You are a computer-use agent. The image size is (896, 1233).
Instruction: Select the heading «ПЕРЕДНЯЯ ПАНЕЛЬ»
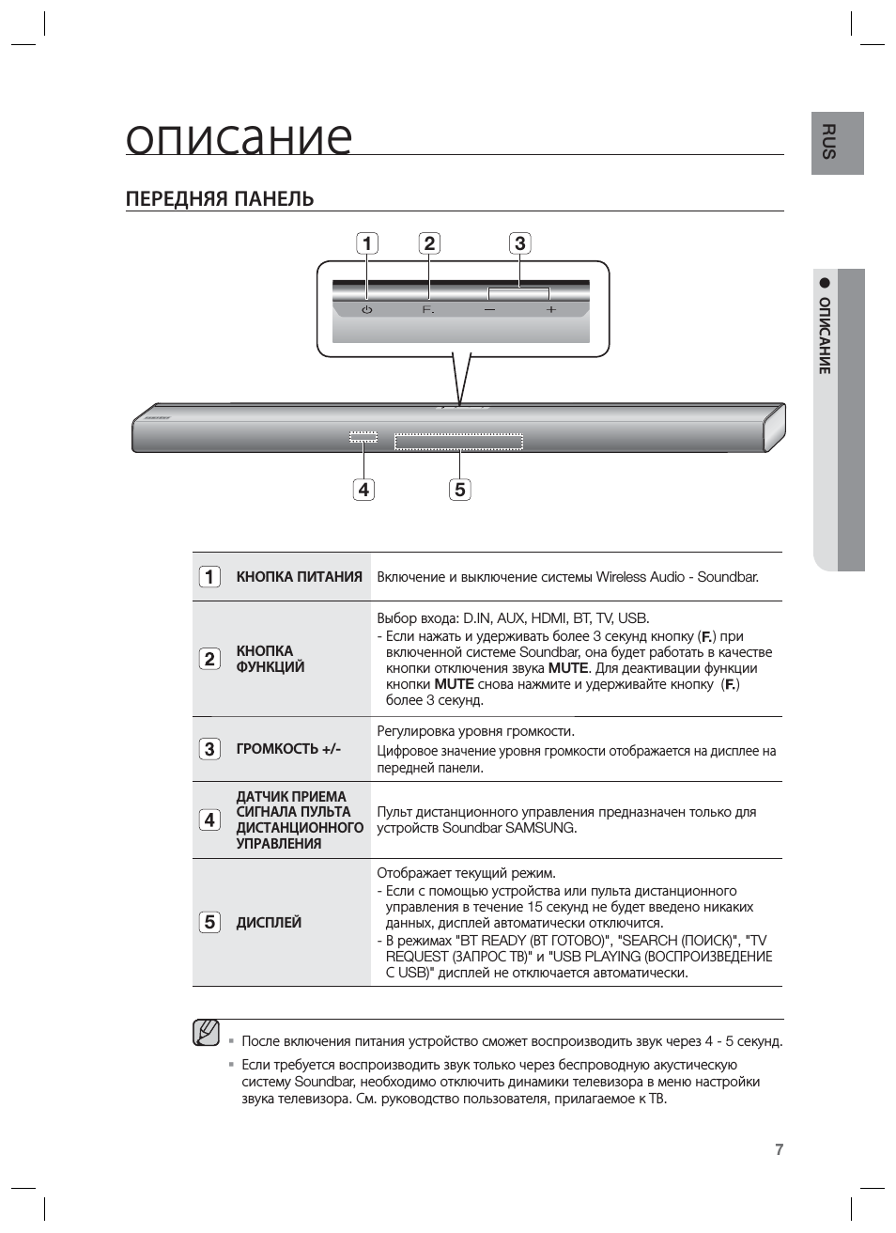pos(220,199)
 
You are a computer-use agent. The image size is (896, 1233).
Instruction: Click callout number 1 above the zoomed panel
pos(366,243)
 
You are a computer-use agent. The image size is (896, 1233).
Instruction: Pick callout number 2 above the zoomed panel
pos(429,243)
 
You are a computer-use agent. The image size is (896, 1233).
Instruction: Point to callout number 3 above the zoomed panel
pos(519,243)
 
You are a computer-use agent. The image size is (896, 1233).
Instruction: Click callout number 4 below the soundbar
pos(363,490)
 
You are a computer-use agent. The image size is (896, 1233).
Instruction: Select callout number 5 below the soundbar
pos(459,490)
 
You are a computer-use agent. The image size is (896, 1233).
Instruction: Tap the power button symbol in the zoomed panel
pos(367,309)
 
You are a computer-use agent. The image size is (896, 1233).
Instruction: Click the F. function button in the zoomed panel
pos(428,309)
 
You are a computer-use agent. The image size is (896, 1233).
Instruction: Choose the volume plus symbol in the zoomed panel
pos(550,309)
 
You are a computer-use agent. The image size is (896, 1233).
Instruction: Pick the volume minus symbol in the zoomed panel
pos(489,309)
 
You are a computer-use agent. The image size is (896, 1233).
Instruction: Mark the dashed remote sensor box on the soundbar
pos(363,437)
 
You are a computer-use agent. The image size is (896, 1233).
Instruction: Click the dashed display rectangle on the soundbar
pos(458,442)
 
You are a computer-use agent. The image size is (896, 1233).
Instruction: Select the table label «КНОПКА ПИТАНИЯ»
pos(299,577)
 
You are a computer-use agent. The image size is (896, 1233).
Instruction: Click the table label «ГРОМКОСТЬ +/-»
pos(288,749)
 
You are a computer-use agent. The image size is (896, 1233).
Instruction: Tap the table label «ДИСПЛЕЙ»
pos(269,923)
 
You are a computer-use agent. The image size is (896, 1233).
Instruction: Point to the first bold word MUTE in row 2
pos(567,668)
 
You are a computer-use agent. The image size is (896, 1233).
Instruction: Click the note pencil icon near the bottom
pos(207,1033)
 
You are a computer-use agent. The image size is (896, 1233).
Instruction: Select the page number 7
pos(779,1149)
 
